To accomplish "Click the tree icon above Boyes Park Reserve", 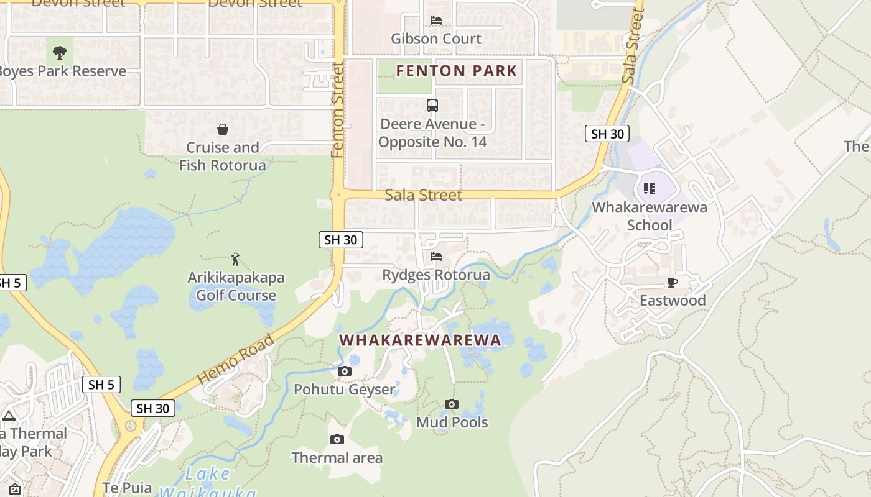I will pyautogui.click(x=60, y=52).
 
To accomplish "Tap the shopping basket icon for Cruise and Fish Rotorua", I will pyautogui.click(x=222, y=129).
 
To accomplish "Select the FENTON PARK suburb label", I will pyautogui.click(x=457, y=71).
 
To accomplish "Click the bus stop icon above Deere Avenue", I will pyautogui.click(x=432, y=105).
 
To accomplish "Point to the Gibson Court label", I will pyautogui.click(x=435, y=39).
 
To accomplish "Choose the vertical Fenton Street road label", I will pyautogui.click(x=338, y=109).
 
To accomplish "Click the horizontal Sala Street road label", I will pyautogui.click(x=423, y=195).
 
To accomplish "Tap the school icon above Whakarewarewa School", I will pyautogui.click(x=649, y=188).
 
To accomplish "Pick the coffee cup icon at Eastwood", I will pyautogui.click(x=672, y=282).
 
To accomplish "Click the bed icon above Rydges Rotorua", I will pyautogui.click(x=435, y=256).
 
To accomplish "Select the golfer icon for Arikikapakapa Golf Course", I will pyautogui.click(x=235, y=258).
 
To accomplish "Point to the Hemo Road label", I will pyautogui.click(x=235, y=359).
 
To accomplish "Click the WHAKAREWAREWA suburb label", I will pyautogui.click(x=420, y=340).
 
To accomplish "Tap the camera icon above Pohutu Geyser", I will pyautogui.click(x=344, y=371).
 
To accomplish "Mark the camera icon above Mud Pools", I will pyautogui.click(x=452, y=404).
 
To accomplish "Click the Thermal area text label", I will pyautogui.click(x=337, y=458).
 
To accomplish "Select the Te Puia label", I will pyautogui.click(x=127, y=488).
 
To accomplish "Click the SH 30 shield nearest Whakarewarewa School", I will pyautogui.click(x=607, y=134).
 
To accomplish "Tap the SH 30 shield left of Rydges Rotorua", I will pyautogui.click(x=340, y=240).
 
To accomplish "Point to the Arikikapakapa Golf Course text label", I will pyautogui.click(x=236, y=286).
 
